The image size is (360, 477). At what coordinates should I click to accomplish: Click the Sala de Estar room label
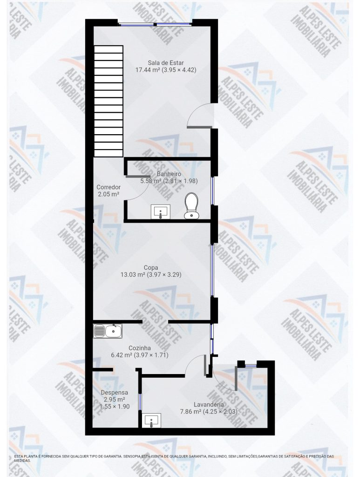click(x=166, y=63)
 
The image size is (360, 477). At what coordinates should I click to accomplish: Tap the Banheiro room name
click(x=169, y=174)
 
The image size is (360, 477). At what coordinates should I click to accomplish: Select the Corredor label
click(x=108, y=187)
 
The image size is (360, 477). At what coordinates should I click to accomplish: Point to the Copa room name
click(x=151, y=268)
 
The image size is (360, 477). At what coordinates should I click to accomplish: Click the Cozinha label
click(x=140, y=348)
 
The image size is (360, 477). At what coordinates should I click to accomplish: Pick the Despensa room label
click(x=114, y=392)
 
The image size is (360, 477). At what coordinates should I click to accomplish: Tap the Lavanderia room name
click(x=209, y=405)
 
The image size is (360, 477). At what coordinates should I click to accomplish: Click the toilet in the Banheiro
click(x=191, y=205)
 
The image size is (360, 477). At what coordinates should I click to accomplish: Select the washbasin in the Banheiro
click(x=161, y=211)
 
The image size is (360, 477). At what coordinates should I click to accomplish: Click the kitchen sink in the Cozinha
click(x=108, y=331)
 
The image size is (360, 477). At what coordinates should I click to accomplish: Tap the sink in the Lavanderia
click(x=151, y=421)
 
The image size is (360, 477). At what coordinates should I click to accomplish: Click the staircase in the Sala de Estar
click(x=109, y=101)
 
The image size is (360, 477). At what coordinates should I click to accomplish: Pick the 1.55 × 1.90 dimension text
click(x=115, y=406)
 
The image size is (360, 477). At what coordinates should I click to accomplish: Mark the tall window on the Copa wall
click(x=212, y=270)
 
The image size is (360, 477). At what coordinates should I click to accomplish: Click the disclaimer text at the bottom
click(x=174, y=458)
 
